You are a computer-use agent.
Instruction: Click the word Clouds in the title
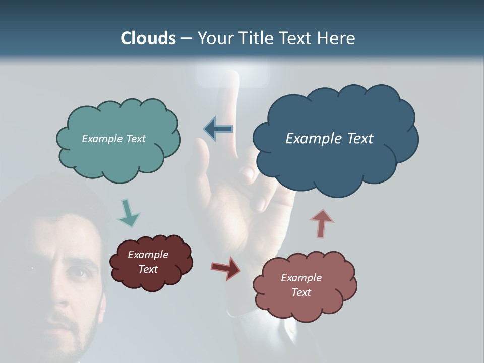click(x=148, y=38)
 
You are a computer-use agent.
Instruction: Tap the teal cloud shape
click(x=118, y=156)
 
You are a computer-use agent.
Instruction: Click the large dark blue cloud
click(x=335, y=161)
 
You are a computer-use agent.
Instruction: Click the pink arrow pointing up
click(x=321, y=223)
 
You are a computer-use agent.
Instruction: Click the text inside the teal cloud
click(x=113, y=138)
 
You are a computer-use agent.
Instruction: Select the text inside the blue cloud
click(x=329, y=138)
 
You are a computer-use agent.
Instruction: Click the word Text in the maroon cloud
click(x=148, y=269)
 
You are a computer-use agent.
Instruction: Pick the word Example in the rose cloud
click(x=301, y=278)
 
